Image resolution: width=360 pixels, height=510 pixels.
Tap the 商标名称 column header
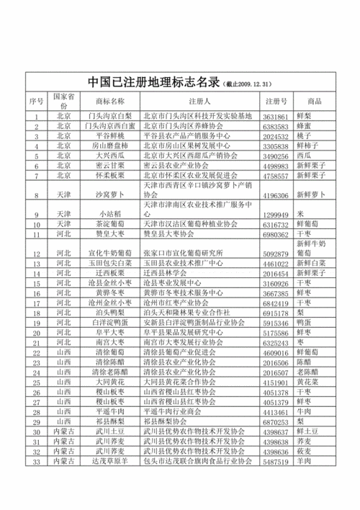point(109,101)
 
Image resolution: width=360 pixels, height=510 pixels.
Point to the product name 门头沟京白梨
point(109,115)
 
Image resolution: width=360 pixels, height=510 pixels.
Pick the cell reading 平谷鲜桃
point(109,135)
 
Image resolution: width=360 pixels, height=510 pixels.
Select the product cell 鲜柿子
point(310,145)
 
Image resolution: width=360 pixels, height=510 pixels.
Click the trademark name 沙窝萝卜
point(109,194)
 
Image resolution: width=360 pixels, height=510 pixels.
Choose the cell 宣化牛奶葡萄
point(109,254)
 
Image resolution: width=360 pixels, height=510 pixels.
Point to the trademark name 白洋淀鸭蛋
point(109,323)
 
